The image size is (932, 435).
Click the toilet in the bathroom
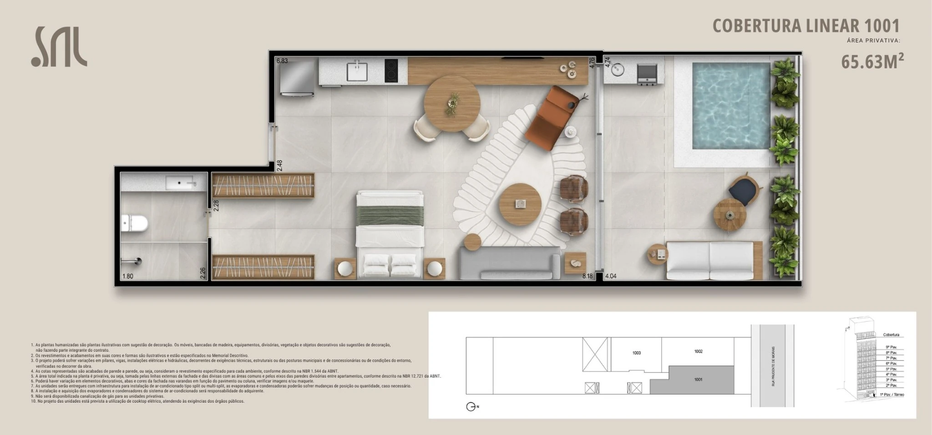[x=135, y=223]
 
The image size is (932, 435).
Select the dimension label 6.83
[x=282, y=61]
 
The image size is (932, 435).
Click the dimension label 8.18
[x=587, y=276]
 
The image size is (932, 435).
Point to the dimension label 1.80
[x=128, y=276]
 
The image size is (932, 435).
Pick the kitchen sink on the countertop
[x=357, y=71]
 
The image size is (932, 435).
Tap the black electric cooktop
[x=391, y=71]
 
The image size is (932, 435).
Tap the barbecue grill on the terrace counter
[x=646, y=74]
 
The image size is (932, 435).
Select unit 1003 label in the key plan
[x=636, y=353]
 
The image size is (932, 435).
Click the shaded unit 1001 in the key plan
[x=698, y=379]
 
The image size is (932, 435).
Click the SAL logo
[x=59, y=47]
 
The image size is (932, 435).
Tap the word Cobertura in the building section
[x=891, y=335]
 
